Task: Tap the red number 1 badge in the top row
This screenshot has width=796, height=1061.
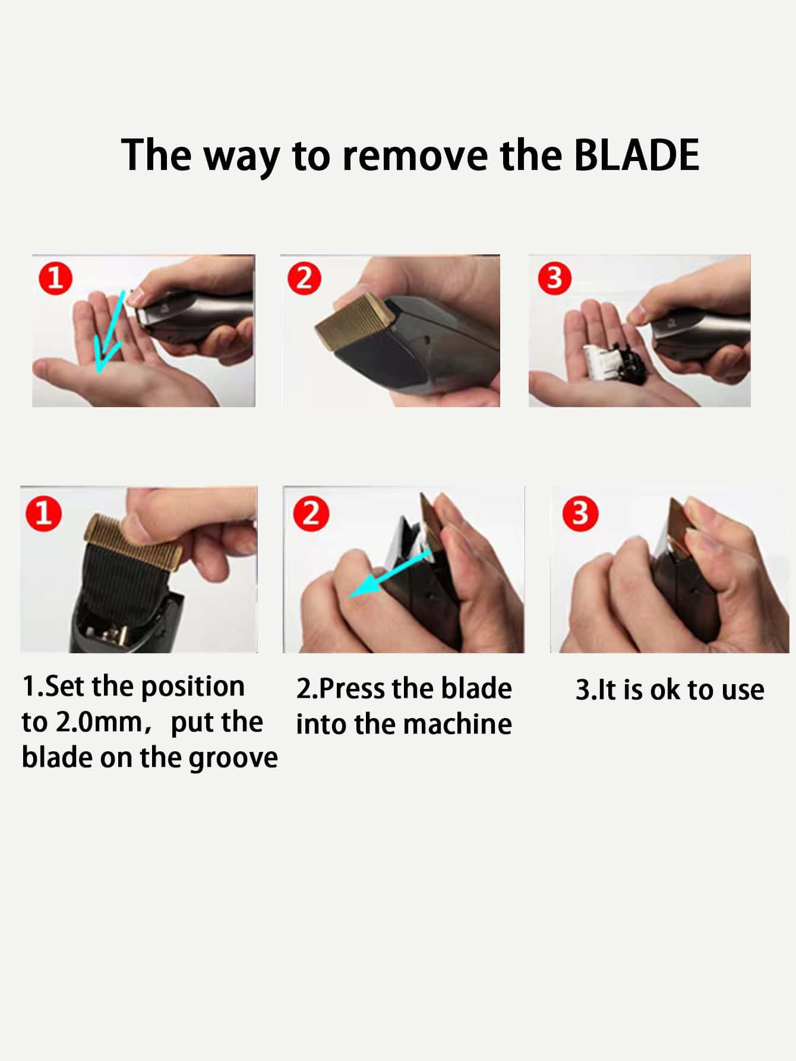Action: [56, 278]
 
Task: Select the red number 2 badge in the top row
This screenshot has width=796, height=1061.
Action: [304, 278]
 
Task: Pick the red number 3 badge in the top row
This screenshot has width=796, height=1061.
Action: [554, 278]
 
